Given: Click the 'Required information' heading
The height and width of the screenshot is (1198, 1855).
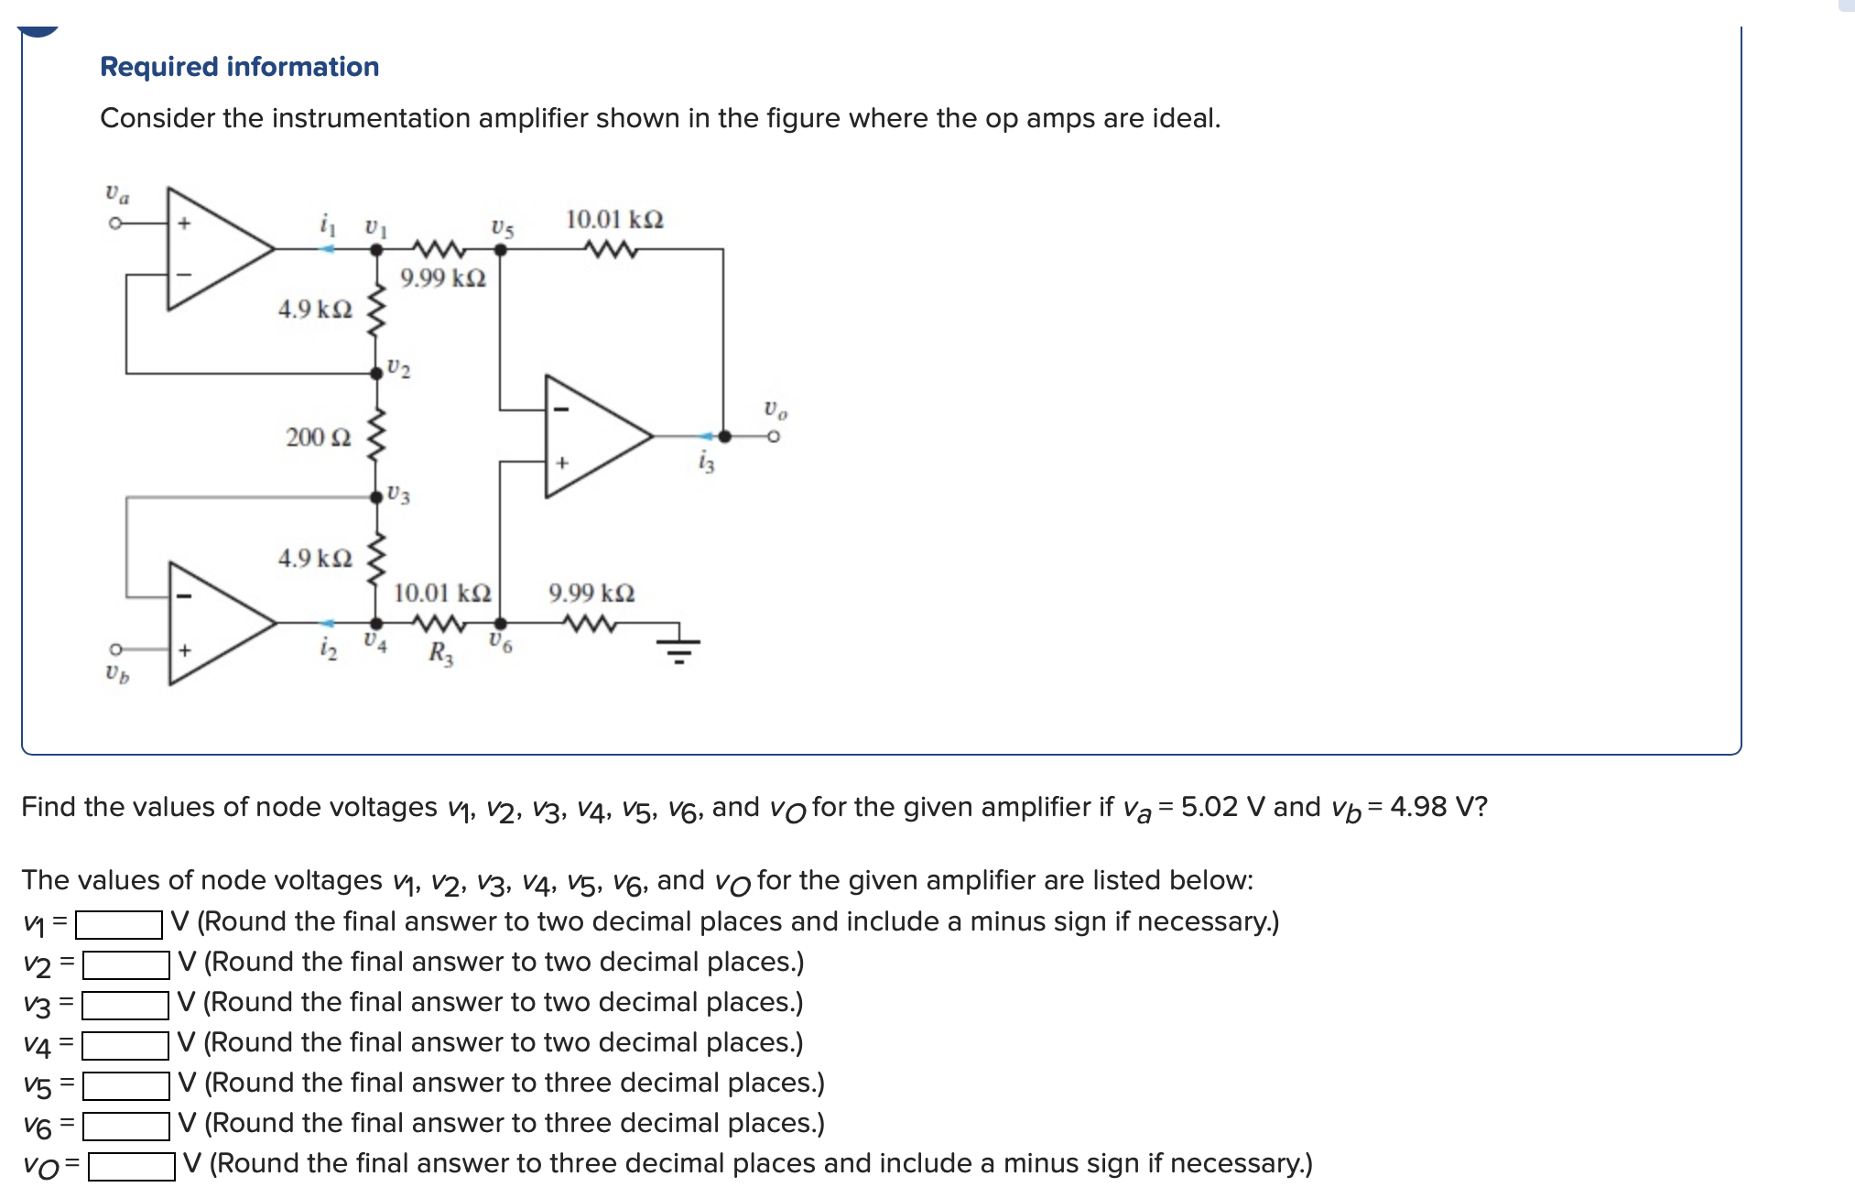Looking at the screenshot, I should tap(239, 67).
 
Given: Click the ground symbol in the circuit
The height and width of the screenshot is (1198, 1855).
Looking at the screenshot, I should tap(678, 645).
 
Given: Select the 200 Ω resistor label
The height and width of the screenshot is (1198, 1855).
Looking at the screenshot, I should tap(318, 437).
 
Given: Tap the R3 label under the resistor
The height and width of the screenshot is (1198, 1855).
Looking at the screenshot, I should tap(440, 654).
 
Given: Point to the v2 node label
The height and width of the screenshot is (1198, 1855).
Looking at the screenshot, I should tap(398, 368).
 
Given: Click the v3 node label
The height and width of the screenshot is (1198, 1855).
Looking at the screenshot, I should tap(398, 495).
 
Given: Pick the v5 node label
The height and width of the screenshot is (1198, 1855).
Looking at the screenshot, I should tap(503, 228).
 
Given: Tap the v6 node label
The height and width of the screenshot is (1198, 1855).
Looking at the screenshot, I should tap(500, 643).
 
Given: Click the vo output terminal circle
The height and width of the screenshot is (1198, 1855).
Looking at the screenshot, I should tap(774, 437).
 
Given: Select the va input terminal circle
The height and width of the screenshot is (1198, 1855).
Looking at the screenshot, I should tap(115, 223).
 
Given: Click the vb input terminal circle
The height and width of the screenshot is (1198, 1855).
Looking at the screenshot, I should tap(115, 649).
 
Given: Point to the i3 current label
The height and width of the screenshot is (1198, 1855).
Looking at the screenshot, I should tap(705, 463).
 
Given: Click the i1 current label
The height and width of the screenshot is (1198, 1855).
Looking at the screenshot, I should tap(328, 224).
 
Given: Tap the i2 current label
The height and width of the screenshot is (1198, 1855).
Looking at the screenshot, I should tap(328, 648).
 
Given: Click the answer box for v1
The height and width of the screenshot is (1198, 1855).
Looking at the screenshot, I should tap(119, 924).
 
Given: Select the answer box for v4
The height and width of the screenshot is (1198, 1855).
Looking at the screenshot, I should tap(125, 1045).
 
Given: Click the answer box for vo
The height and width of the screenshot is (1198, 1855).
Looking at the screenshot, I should tap(132, 1166).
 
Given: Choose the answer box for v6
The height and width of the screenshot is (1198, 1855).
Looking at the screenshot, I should tap(125, 1126).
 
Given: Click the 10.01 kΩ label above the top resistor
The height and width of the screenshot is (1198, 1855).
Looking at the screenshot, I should tap(614, 220).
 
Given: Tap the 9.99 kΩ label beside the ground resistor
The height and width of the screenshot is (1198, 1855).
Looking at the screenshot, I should tap(591, 594).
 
